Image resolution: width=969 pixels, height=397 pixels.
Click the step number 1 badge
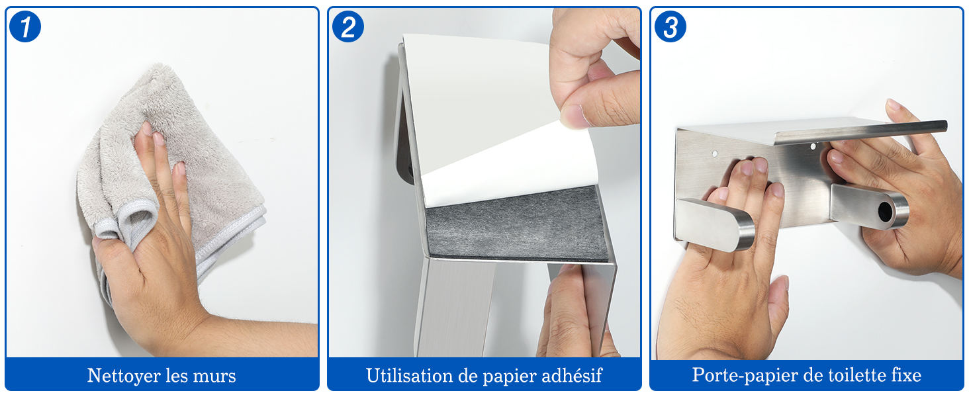25,26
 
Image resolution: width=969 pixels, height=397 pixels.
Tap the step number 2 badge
347,26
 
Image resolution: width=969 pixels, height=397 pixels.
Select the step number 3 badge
670,26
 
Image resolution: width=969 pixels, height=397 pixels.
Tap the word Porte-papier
741,375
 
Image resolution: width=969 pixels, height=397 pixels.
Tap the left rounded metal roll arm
714,224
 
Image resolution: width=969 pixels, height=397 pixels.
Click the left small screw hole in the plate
715,154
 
